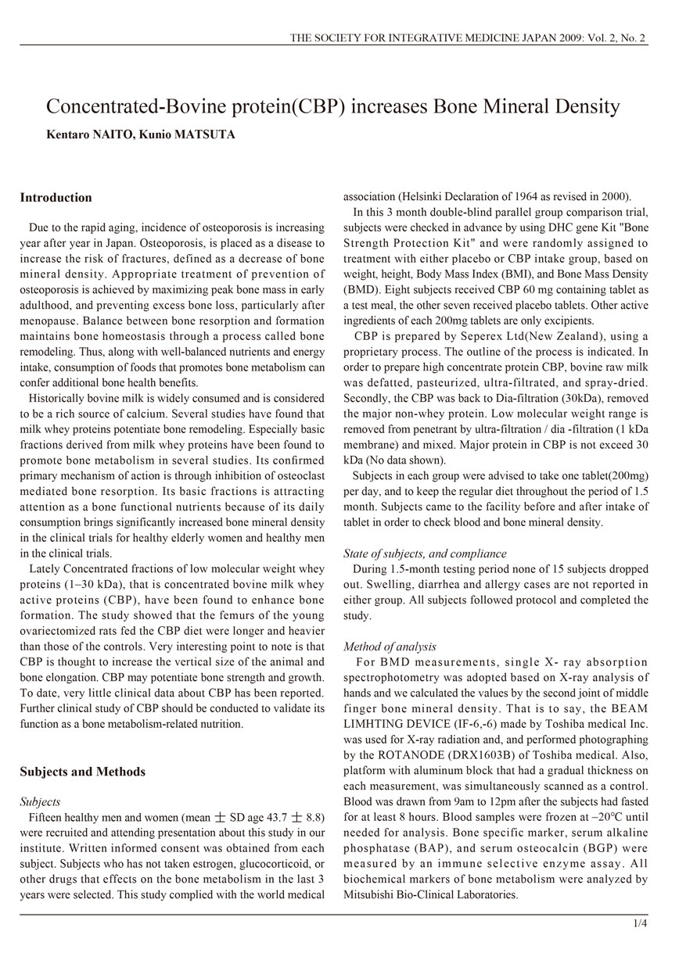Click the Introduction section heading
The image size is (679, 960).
56,198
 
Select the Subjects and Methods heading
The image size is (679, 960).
82,772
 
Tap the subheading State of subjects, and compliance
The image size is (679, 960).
424,554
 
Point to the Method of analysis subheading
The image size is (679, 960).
390,647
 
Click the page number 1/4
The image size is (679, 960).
640,924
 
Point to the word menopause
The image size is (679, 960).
53,321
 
